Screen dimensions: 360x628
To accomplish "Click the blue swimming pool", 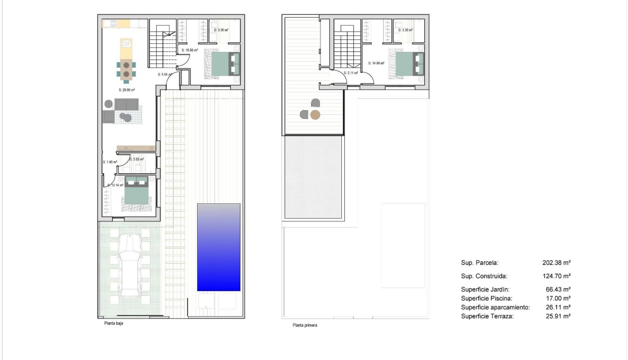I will pos(219,247).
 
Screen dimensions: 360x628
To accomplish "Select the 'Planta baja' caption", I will pos(114,322).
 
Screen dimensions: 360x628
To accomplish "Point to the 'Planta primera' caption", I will pos(305,326).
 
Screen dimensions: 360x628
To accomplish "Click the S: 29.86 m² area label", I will pos(127,90).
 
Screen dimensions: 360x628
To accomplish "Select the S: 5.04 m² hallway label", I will pos(166,74).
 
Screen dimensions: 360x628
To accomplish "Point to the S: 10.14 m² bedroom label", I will pos(115,185).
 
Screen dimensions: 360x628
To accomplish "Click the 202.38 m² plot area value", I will pos(556,262).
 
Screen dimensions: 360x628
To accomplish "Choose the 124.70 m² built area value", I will pos(556,276).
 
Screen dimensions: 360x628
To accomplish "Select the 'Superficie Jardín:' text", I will pos(485,289).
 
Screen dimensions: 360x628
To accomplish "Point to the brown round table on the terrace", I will pos(315,114).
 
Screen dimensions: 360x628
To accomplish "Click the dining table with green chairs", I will pos(126,69).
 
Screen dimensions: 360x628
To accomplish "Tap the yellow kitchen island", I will pos(126,48).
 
